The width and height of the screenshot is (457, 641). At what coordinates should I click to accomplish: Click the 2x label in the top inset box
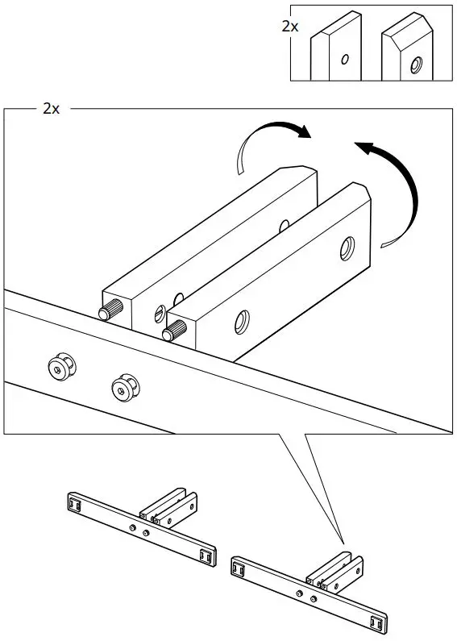click(290, 27)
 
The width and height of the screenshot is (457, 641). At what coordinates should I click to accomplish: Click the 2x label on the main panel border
click(51, 108)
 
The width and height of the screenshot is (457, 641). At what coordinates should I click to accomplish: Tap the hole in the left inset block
click(344, 59)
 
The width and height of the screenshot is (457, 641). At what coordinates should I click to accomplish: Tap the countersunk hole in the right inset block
click(416, 65)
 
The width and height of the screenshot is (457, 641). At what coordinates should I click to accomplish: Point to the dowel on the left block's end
click(106, 312)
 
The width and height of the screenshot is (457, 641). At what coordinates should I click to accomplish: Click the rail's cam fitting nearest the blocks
click(123, 388)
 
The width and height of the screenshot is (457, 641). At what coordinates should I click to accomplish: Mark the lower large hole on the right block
click(241, 323)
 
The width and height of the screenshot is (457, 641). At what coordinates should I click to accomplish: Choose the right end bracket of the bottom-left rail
click(206, 556)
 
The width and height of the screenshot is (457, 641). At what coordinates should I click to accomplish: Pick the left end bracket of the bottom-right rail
click(239, 568)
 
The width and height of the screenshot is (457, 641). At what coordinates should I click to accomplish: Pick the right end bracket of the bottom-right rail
click(376, 622)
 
